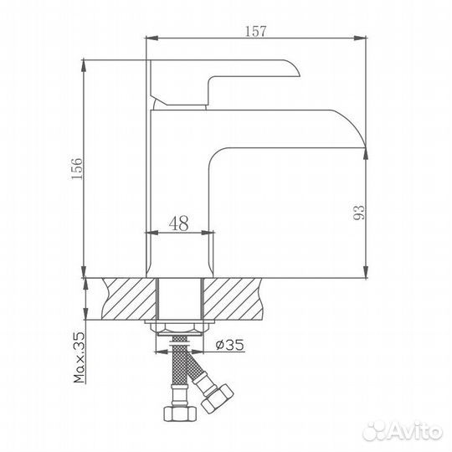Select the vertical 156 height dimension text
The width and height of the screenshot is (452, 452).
(x=76, y=167)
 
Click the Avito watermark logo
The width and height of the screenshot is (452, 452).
(x=410, y=432)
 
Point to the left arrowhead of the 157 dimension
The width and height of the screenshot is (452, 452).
(x=152, y=38)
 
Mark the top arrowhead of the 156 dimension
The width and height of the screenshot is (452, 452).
(x=86, y=64)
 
